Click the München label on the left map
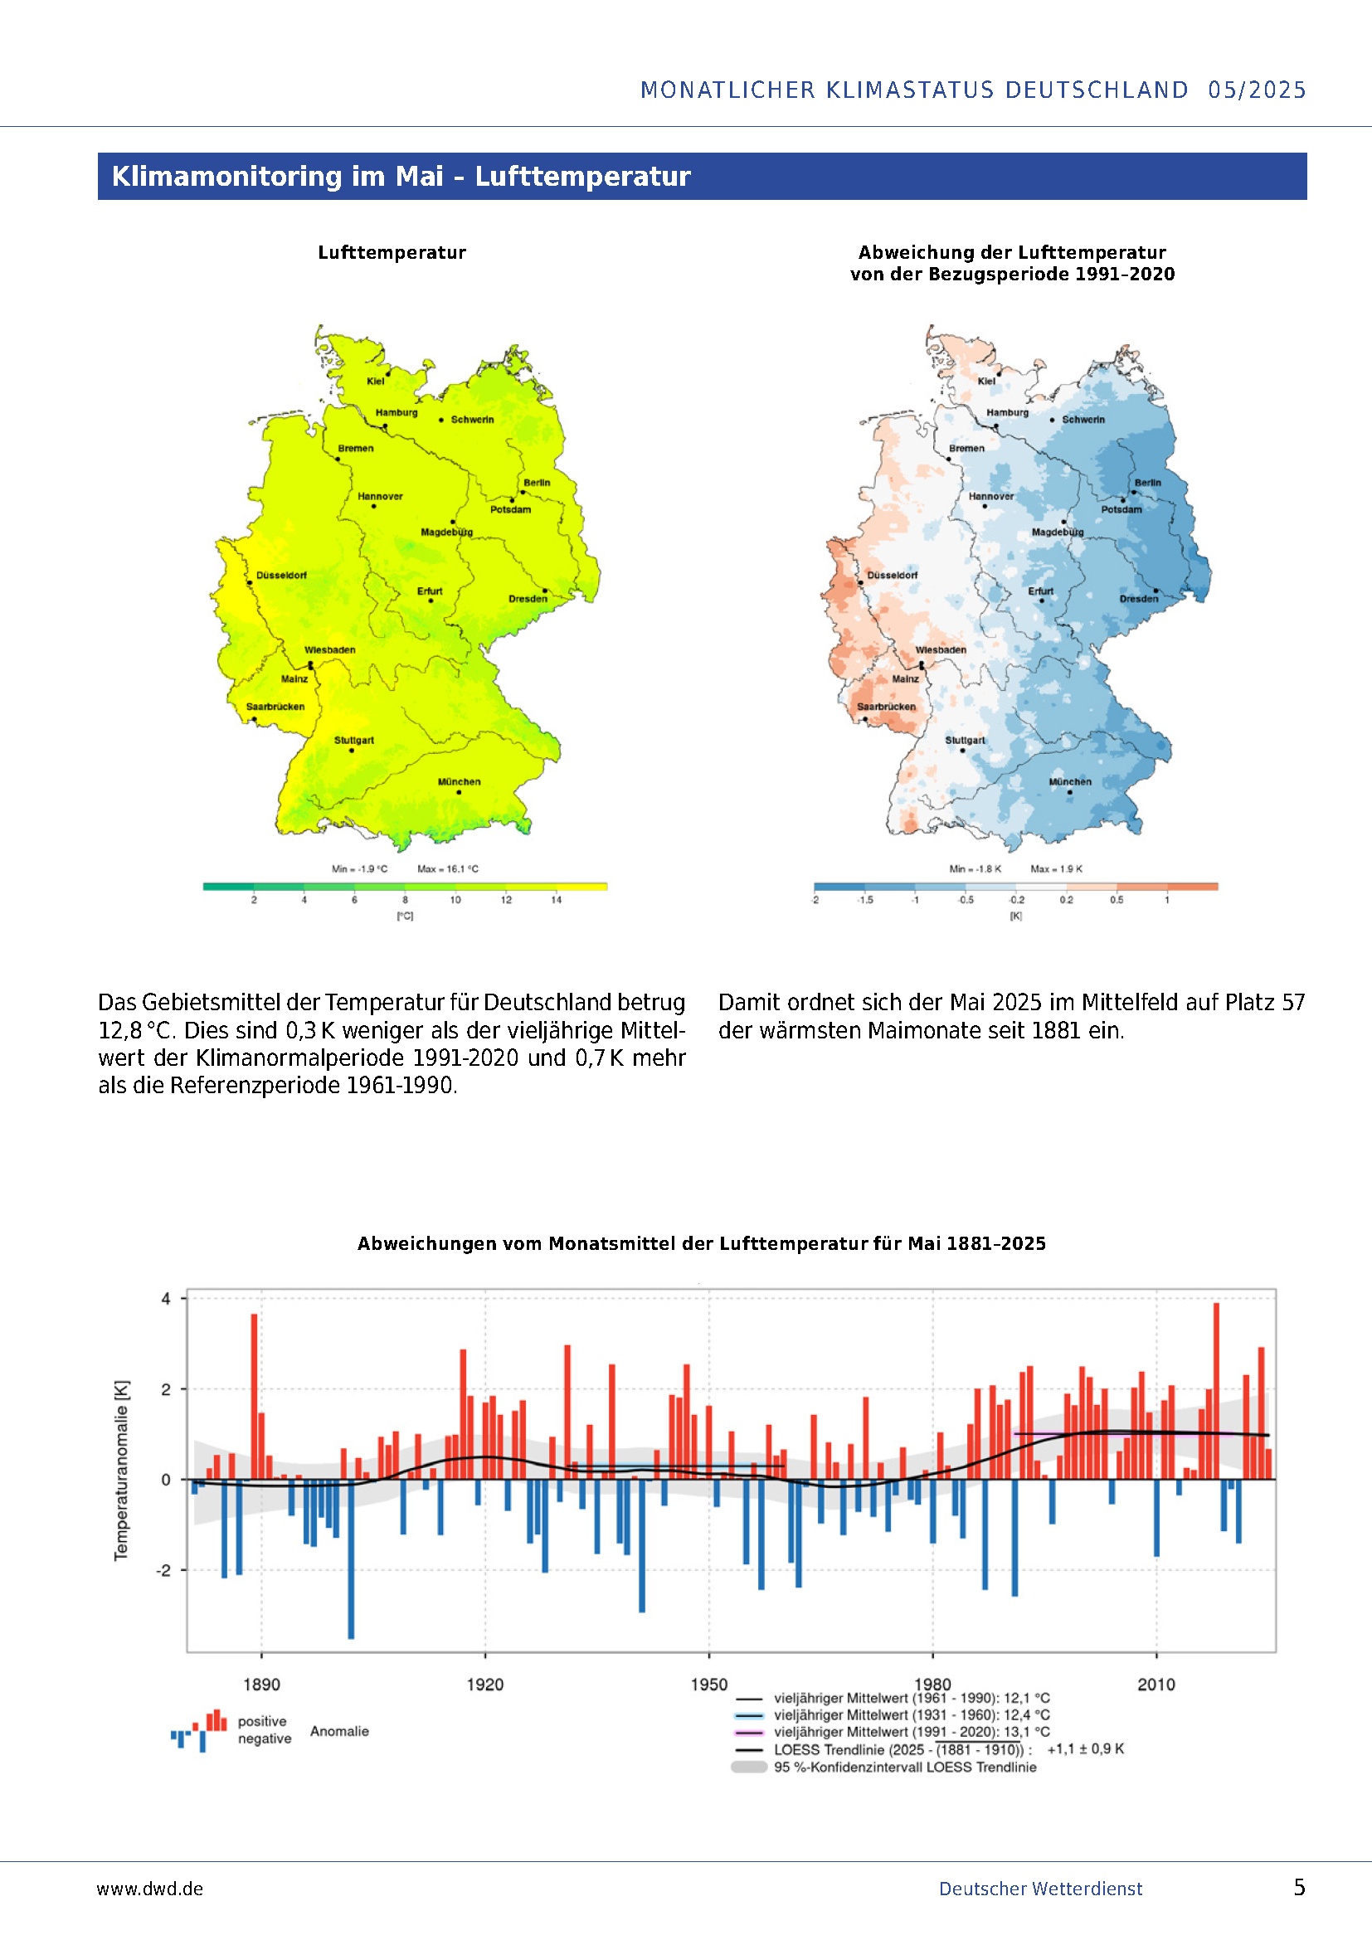[459, 781]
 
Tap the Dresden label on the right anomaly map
[1139, 599]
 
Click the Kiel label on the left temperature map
[375, 381]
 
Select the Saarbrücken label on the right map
[886, 707]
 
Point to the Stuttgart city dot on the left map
[352, 751]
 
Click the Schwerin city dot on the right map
[1052, 420]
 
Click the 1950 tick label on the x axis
[708, 1684]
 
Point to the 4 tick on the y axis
[167, 1299]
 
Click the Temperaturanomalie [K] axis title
[122, 1471]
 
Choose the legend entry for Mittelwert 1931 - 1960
[912, 1715]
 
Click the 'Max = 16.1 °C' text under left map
[448, 868]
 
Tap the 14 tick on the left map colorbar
[556, 900]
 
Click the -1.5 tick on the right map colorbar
[865, 900]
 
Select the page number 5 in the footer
[1299, 1888]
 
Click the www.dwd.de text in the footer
[150, 1889]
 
